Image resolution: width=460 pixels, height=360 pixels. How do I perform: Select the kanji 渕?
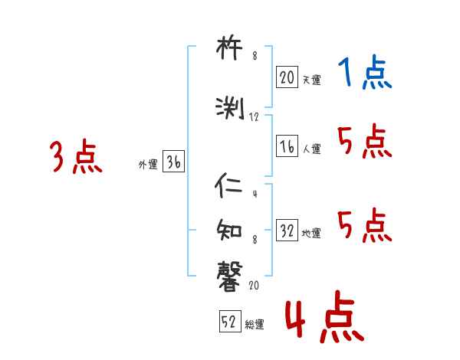point(231,108)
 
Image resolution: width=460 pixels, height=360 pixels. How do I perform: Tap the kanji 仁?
point(231,186)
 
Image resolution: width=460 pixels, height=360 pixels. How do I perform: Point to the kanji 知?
point(231,228)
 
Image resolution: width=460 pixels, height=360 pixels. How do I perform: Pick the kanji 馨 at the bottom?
point(231,273)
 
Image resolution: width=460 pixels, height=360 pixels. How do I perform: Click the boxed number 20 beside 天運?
point(287,77)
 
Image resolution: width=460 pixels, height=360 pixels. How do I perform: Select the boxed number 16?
point(287,147)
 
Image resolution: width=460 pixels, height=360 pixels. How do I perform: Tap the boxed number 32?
point(287,231)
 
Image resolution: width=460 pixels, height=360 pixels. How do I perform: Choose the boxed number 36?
point(173,162)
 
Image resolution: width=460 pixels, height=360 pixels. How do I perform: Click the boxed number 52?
point(228,322)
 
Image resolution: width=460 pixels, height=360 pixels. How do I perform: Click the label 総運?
point(255,325)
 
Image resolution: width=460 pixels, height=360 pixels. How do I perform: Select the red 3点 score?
point(77,158)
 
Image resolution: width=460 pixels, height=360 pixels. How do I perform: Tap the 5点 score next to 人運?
point(365,142)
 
